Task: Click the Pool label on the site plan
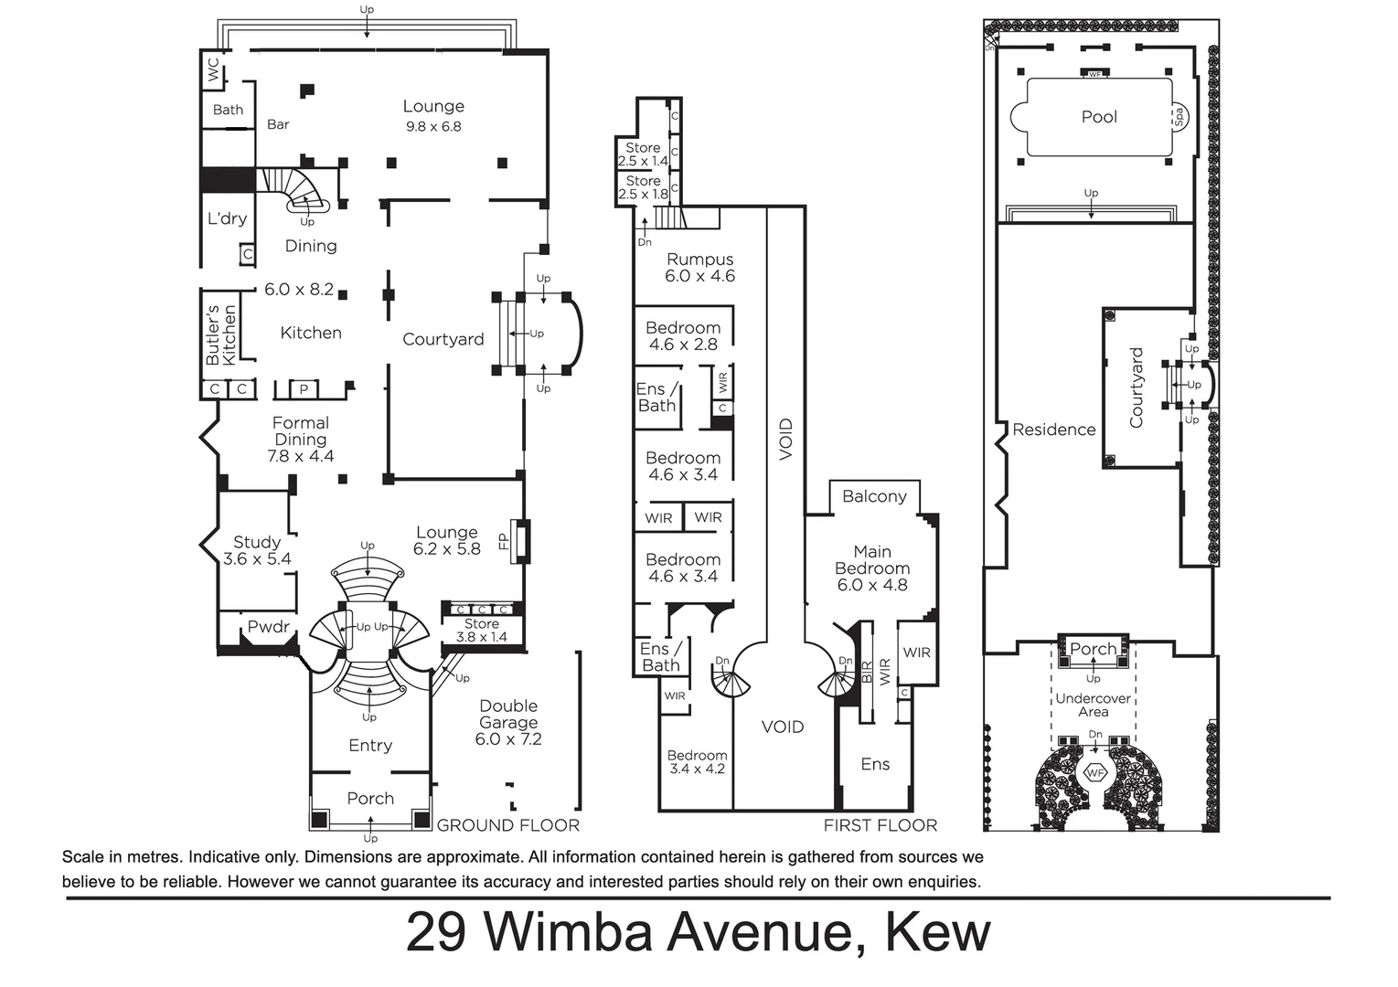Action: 1099,117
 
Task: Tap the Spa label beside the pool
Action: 1179,117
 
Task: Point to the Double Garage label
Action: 508,722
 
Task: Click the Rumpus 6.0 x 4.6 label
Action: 699,268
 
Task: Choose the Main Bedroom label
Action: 872,568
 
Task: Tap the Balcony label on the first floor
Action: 874,496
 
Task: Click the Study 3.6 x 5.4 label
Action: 257,550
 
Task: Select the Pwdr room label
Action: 269,627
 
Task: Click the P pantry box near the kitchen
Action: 304,390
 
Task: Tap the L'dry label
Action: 227,218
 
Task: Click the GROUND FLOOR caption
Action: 508,825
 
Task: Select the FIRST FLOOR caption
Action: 880,825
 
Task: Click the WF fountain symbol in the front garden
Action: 1095,773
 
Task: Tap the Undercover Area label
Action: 1094,705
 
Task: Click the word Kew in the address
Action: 938,932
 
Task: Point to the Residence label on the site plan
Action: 1053,430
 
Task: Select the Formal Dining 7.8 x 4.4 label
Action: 301,440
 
